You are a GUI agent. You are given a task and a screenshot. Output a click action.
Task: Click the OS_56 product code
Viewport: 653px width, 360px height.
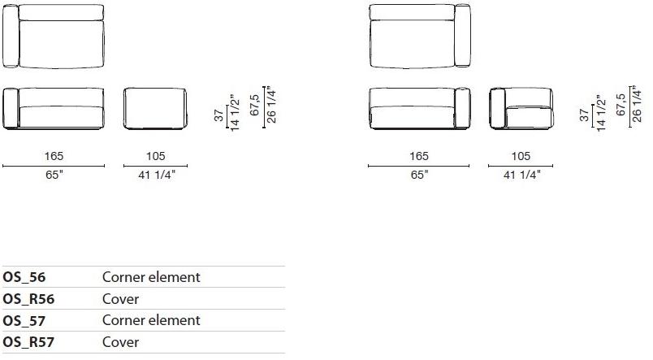tap(24, 277)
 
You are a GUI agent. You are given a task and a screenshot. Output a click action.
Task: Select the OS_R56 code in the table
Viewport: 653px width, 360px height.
tap(28, 299)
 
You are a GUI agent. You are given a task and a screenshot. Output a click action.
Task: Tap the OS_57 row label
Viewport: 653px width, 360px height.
tap(24, 321)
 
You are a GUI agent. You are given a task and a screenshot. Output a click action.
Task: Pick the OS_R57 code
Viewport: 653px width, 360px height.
tap(28, 342)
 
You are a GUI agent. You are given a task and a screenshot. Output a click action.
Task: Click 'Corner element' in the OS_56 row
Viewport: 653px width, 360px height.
tap(151, 277)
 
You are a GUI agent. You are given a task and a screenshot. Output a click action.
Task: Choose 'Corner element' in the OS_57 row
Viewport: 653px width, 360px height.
tap(151, 320)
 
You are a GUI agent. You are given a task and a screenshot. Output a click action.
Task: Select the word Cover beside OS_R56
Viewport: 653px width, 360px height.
tap(120, 299)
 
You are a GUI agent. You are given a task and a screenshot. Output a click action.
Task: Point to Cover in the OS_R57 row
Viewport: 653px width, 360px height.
tap(120, 342)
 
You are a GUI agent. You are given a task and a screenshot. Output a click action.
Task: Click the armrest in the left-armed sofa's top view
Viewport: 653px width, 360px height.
tap(11, 37)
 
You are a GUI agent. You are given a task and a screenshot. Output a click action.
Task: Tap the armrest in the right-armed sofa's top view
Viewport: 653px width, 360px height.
tap(462, 36)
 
